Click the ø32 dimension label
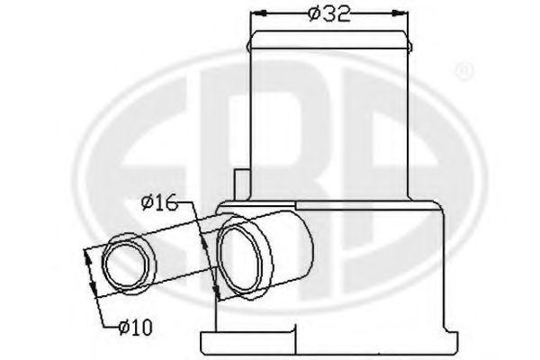click(329, 13)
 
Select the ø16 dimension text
click(159, 202)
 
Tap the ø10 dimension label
click(135, 327)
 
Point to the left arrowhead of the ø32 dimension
click(259, 13)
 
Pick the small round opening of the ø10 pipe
click(129, 264)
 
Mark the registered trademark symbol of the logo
click(464, 71)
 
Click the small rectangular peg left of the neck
click(241, 184)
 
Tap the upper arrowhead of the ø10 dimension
click(87, 256)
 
